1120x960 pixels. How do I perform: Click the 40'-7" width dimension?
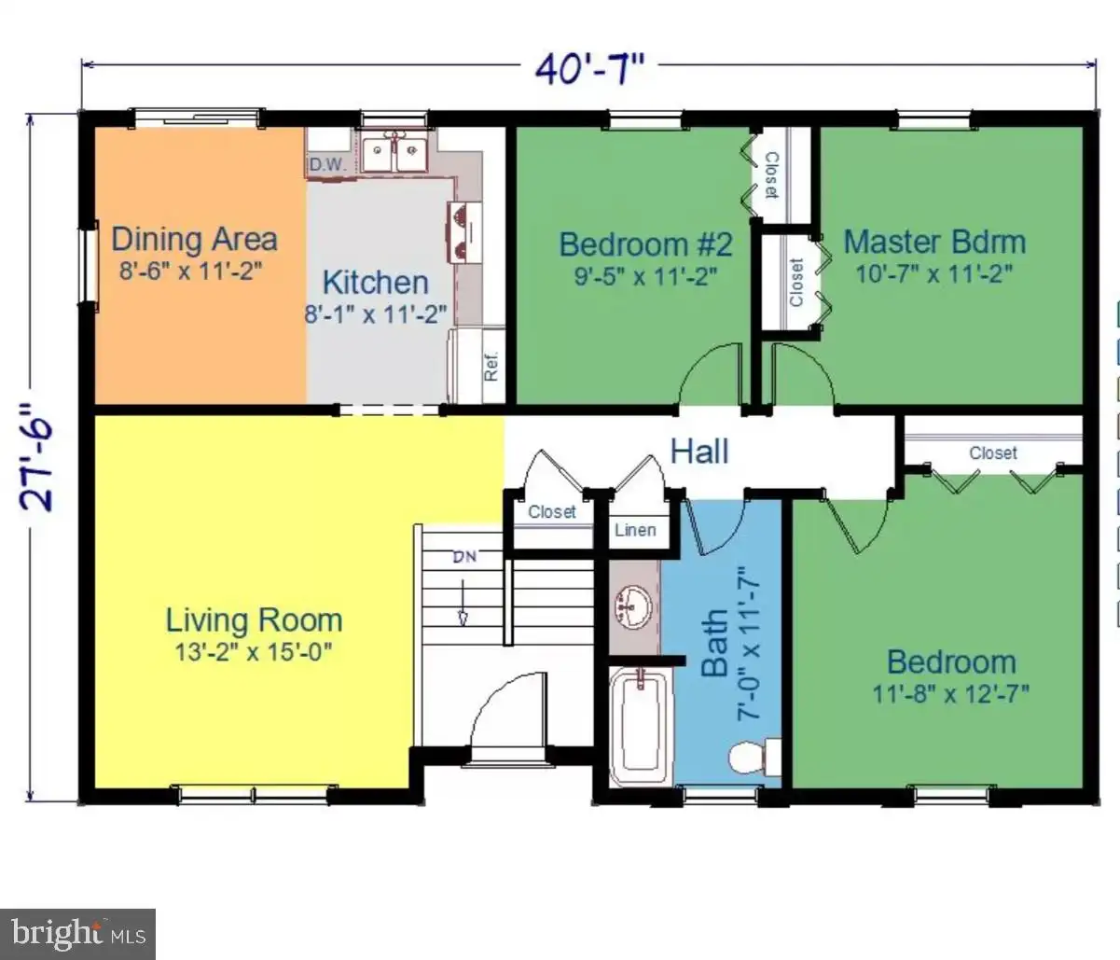point(590,68)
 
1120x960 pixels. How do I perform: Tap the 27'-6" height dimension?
point(37,457)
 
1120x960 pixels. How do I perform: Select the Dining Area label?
point(194,239)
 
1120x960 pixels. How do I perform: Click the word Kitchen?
point(376,283)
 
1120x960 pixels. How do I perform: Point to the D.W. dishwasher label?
point(327,164)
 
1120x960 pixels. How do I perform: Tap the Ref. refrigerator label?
point(491,367)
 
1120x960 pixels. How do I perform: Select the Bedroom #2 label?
point(645,243)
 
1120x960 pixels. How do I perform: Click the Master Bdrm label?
point(934,242)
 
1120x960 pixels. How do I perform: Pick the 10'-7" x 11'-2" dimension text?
point(933,274)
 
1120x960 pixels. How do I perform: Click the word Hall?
point(699,451)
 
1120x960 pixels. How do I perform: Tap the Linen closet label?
point(635,530)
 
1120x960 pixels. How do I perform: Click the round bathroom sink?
point(633,606)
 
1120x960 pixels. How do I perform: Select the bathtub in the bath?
point(642,725)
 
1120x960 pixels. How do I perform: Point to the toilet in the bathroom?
point(754,758)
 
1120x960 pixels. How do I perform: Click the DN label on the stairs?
point(464,556)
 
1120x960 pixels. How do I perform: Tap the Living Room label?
point(254,620)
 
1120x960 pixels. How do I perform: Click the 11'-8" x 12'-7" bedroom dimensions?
point(951,694)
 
